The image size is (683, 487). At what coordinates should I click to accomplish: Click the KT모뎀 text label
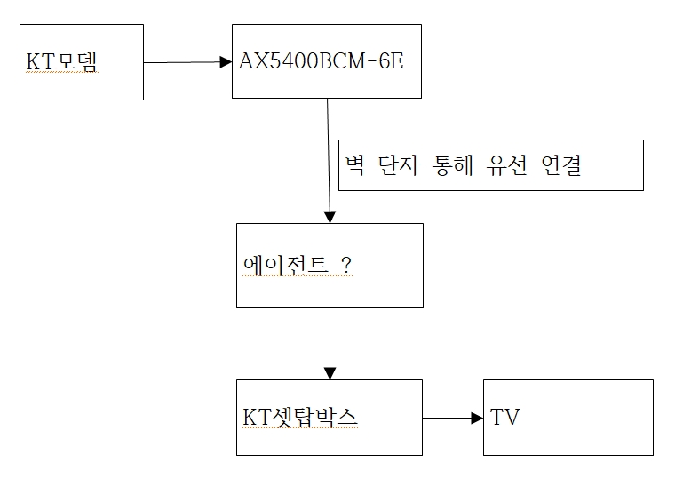[x=61, y=61]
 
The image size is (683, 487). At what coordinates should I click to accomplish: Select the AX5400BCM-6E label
[x=321, y=61]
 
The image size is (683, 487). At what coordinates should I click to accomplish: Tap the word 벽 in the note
[x=354, y=165]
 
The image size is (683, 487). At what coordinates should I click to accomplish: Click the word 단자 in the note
[x=399, y=165]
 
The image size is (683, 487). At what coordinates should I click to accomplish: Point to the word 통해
[x=452, y=165]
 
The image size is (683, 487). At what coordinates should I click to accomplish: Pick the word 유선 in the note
[x=506, y=165]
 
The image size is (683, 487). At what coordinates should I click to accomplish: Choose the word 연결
[x=561, y=165]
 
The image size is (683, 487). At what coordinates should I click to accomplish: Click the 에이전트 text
[x=285, y=265]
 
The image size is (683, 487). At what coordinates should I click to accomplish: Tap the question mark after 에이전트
[x=346, y=265]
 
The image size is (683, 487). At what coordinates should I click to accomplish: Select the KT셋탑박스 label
[x=299, y=417]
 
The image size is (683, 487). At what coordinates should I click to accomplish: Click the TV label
[x=504, y=417]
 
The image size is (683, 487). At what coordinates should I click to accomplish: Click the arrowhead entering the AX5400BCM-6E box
[x=226, y=62]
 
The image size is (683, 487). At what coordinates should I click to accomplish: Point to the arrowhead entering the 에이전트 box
[x=330, y=217]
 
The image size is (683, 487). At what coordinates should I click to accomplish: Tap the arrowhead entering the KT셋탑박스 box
[x=330, y=373]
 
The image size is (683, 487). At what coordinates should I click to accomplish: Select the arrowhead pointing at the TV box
[x=478, y=418]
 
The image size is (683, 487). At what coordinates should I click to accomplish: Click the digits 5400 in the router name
[x=295, y=61]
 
